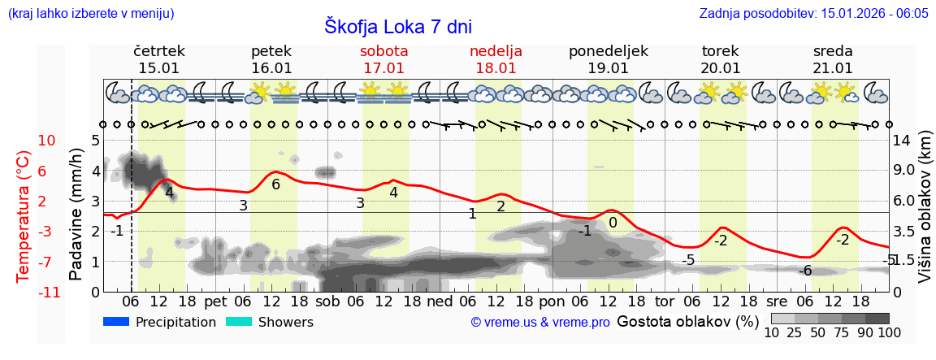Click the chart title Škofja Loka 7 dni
(397, 26)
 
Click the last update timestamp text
(813, 14)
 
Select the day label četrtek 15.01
(159, 59)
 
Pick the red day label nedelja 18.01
(496, 59)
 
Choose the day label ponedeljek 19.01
(608, 59)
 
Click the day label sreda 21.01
(833, 59)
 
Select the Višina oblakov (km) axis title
(925, 215)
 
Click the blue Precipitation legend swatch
(116, 322)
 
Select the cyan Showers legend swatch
(239, 322)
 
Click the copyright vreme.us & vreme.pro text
(540, 323)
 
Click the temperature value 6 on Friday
(275, 184)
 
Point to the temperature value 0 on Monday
(613, 223)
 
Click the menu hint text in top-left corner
(90, 14)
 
